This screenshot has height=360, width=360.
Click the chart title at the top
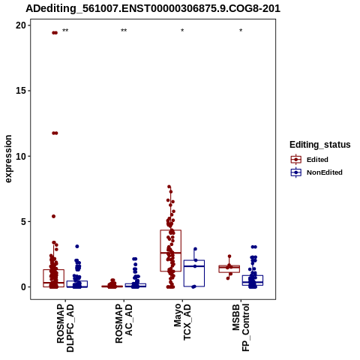tap(153, 8)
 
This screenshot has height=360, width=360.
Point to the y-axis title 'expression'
tap(8, 159)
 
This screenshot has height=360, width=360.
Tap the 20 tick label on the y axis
tap(21, 25)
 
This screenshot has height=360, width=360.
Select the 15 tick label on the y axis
tap(21, 91)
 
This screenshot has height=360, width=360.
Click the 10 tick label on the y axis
tap(21, 156)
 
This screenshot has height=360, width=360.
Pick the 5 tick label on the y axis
tap(23, 221)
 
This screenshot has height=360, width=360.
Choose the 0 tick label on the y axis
tap(23, 287)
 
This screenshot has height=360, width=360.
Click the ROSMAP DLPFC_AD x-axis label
tap(65, 328)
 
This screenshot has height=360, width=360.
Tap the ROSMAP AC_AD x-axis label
tap(124, 323)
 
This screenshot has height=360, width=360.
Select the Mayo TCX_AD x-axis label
tap(182, 322)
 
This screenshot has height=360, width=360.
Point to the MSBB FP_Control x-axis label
tap(241, 328)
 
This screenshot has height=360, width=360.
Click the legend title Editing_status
tap(320, 145)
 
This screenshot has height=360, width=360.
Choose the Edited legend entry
tap(309, 160)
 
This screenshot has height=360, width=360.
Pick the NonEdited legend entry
tap(316, 172)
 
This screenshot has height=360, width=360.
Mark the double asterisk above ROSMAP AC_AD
tap(124, 31)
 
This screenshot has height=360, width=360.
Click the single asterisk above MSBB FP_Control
tap(241, 31)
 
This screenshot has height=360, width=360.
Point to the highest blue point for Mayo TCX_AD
tap(195, 249)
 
